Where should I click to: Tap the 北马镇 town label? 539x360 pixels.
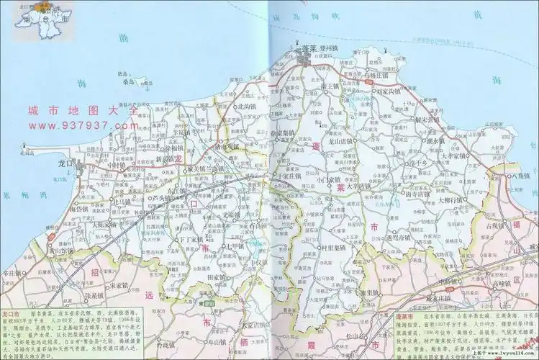coord(121,202)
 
